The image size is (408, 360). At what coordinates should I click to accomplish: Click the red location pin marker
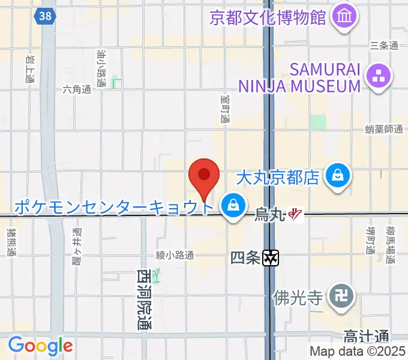coord(204,175)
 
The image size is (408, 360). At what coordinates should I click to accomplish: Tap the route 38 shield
coord(44,16)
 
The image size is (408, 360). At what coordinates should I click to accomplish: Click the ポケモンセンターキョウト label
coord(113,208)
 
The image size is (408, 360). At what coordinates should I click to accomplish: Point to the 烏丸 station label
coord(269,214)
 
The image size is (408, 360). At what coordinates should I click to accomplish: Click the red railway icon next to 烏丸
coord(295,214)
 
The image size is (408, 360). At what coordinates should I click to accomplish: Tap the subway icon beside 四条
coord(271,259)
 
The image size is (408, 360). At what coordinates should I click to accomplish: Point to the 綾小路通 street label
coord(175,255)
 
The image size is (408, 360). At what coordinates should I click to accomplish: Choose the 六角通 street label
coord(76,89)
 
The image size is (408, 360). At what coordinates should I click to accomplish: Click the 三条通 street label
coord(384,46)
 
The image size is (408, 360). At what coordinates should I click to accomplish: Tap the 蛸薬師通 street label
coord(383,129)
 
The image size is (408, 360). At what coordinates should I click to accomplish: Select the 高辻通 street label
coord(367,337)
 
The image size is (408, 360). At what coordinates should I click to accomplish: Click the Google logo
coord(40,346)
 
